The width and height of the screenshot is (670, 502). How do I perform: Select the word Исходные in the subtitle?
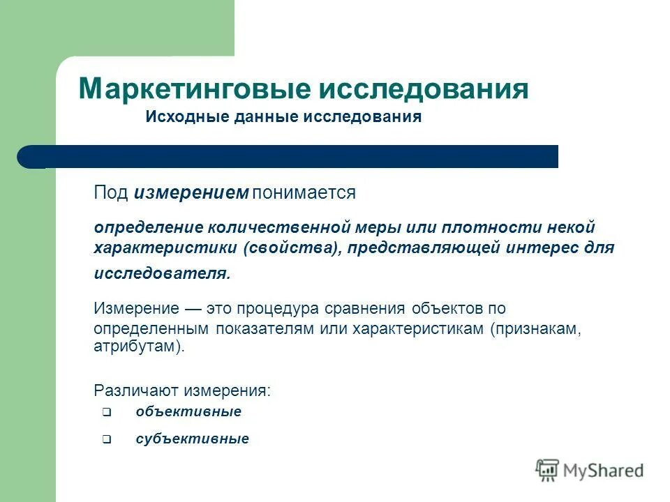pos(179,116)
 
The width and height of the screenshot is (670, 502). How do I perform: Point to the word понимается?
pos(304,193)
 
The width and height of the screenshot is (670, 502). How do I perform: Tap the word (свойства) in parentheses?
pos(292,249)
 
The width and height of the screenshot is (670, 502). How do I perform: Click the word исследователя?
pos(162,273)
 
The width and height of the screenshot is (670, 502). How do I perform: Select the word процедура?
pos(279,308)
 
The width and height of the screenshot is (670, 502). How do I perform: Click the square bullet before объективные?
pos(106,412)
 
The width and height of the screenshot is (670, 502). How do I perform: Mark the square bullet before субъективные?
pos(106,440)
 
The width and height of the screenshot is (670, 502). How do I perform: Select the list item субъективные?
pos(192,439)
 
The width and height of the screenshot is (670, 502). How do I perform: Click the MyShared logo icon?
pos(548,471)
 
